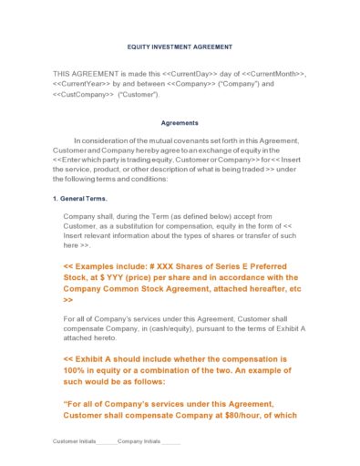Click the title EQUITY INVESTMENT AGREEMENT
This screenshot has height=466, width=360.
point(180,46)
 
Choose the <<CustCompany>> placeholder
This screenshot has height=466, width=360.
point(84,94)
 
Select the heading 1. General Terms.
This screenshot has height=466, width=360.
point(79,198)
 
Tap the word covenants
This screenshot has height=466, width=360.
point(197,140)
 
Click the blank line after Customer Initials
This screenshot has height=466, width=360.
point(107,442)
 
